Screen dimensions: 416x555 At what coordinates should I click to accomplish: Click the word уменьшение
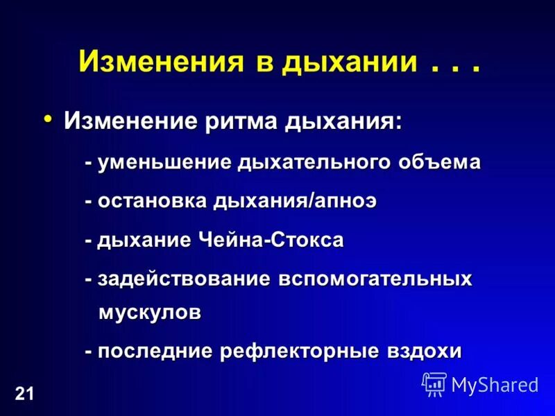164,162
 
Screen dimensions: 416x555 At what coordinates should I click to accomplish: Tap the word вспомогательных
375,279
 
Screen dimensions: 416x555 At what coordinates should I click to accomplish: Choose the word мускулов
150,312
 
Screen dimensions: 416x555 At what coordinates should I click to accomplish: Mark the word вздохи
422,351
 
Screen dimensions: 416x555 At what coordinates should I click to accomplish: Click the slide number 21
24,395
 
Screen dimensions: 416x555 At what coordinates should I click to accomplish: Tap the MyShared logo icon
434,383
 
